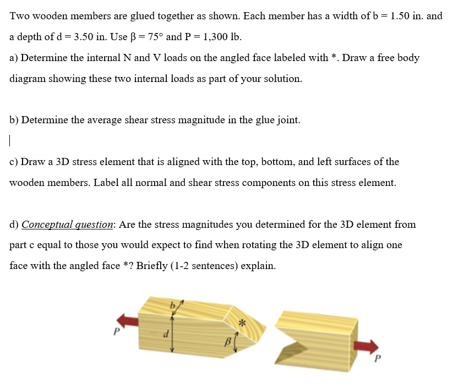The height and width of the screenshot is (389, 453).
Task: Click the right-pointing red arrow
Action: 366,346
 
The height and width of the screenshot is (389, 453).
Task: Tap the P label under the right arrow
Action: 378,361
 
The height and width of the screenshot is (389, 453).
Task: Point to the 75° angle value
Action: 152,37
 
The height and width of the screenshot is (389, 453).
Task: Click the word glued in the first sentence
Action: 143,16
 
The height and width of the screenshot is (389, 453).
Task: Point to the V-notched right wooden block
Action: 314,337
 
